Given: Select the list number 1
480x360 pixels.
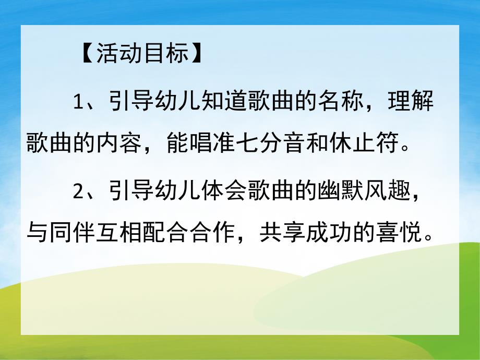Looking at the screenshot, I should (x=79, y=102).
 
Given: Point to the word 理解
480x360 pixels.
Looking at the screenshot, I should (x=410, y=102).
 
